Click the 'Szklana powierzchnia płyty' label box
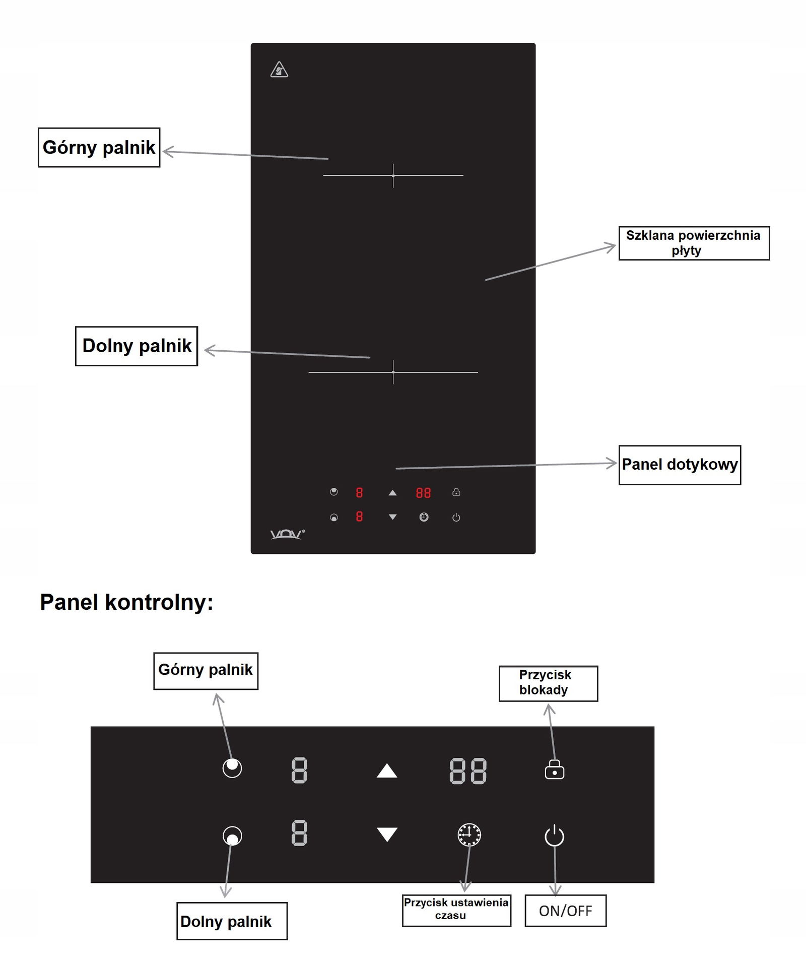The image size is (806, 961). point(694,243)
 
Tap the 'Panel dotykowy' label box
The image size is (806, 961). point(680,465)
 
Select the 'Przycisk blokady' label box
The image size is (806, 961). point(548,683)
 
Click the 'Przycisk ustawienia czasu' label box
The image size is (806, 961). point(456,910)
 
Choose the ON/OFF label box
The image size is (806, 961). point(565,910)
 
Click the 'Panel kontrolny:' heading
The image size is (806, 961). point(126,602)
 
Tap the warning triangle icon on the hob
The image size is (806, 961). point(279,70)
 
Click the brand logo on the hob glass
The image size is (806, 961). point(287,534)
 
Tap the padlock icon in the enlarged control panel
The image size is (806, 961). point(554,769)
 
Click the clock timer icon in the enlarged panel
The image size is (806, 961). point(469,835)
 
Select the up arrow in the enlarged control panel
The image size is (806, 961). point(387,771)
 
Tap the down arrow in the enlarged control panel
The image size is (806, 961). point(387,834)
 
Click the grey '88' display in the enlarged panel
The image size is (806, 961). point(468,771)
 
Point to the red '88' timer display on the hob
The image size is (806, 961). point(423,492)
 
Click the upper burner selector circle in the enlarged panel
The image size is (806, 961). point(232,767)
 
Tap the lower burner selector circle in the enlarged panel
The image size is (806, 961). point(232,836)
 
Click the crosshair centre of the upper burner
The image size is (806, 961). point(393,175)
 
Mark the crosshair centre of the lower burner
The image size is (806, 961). point(393,372)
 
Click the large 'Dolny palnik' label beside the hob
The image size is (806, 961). point(137,346)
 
